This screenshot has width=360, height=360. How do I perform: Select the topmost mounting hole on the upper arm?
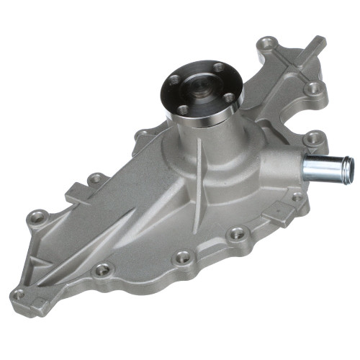[x=269, y=43]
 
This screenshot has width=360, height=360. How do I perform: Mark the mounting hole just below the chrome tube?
[x=296, y=198]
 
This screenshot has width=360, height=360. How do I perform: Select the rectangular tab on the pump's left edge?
[x=76, y=195]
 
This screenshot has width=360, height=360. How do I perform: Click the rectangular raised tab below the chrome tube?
[x=278, y=217]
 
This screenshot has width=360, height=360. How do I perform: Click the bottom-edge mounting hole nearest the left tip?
[x=103, y=269]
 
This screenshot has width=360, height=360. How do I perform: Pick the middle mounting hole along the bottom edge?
[x=184, y=256]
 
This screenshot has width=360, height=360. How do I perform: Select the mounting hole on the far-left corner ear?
[x=38, y=215]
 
